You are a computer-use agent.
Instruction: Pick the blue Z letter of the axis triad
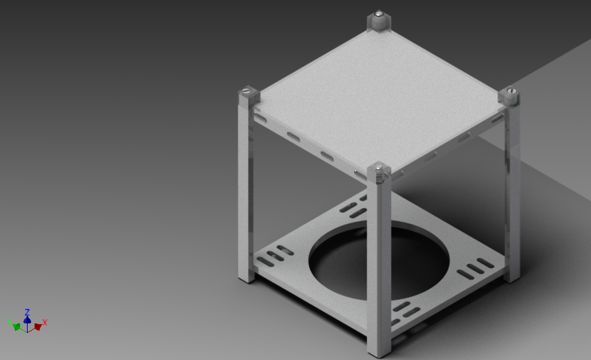(x=27, y=312)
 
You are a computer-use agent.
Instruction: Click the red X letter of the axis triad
(x=45, y=322)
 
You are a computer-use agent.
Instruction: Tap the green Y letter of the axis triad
(x=10, y=322)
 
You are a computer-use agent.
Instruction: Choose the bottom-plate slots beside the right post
(x=476, y=267)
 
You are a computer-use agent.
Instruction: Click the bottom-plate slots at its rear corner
(x=355, y=207)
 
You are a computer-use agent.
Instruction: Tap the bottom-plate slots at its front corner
(x=406, y=310)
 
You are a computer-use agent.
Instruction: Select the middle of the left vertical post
(x=247, y=187)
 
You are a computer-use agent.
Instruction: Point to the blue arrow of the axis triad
(x=27, y=319)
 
